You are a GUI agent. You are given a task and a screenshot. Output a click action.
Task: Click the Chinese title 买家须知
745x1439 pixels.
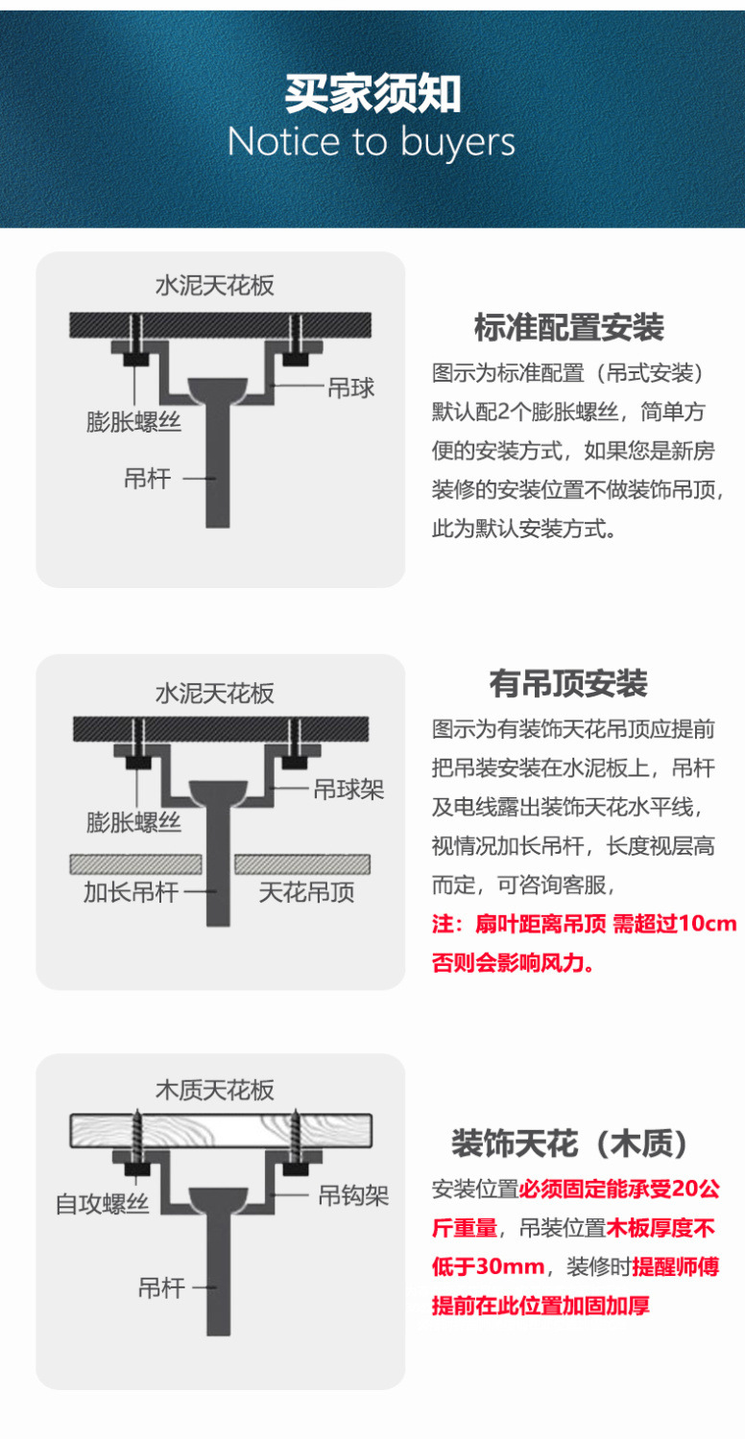point(372,94)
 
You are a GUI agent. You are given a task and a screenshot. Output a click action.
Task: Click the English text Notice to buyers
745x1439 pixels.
point(372,143)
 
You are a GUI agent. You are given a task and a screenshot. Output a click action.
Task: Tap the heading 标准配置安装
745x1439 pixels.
point(568,328)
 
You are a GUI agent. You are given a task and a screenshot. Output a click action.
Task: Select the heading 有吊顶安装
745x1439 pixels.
point(568,684)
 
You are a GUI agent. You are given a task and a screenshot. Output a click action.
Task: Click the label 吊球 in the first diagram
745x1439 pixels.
point(351,388)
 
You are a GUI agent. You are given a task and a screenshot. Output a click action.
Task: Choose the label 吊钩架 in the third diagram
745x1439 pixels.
point(353,1195)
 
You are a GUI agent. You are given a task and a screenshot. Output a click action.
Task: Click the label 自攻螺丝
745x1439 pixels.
point(103,1203)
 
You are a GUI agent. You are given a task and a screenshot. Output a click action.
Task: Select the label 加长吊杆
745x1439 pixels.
point(131,892)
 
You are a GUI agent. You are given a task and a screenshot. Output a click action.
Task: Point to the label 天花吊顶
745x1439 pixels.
point(306,892)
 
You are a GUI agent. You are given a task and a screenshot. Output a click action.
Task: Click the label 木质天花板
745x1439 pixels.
point(215,1090)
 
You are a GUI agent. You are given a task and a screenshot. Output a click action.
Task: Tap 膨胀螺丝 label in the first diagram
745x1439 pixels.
point(133,421)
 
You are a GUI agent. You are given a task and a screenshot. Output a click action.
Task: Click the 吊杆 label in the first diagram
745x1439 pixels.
point(147,478)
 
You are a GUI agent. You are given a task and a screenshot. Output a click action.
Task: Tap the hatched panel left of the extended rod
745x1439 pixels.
point(135,863)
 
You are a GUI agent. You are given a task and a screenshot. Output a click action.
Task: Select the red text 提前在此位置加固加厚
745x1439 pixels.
point(541,1306)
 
